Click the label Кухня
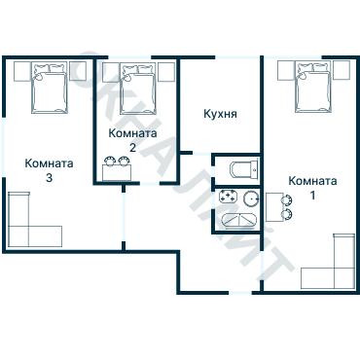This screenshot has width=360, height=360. pos(220,114)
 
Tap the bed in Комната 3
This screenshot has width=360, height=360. pos(50,88)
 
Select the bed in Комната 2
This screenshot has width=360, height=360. pos(137,89)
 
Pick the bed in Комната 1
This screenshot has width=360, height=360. pos(313,88)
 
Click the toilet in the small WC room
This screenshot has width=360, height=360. pos(244,168)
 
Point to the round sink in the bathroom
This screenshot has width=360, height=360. pos(252,198)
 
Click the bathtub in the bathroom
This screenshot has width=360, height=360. pos(239,221)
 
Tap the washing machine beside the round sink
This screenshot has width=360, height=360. pos(229,198)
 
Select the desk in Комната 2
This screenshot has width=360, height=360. pos(117,172)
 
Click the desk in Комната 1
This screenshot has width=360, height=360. pos(274,207)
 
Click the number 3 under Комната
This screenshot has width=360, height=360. pos(49,178)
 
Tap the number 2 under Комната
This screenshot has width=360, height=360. pos(132,148)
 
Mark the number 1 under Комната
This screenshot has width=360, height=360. pos(312,196)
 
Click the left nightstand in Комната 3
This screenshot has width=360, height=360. pos(22,71)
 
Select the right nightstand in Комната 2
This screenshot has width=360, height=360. pos(166,72)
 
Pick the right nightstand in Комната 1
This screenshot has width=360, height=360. pos(342,70)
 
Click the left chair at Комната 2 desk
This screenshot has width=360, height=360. pos(110,161)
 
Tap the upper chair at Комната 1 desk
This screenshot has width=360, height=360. pos(287,200)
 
